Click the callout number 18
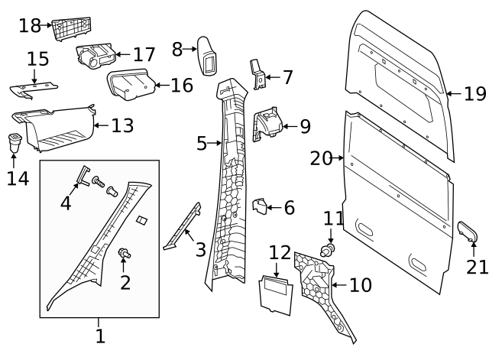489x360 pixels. (29, 25)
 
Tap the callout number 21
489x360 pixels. (477, 268)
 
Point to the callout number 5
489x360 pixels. (202, 143)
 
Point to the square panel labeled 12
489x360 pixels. (277, 294)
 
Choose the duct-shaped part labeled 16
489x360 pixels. (131, 83)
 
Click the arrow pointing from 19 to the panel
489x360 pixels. (452, 94)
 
